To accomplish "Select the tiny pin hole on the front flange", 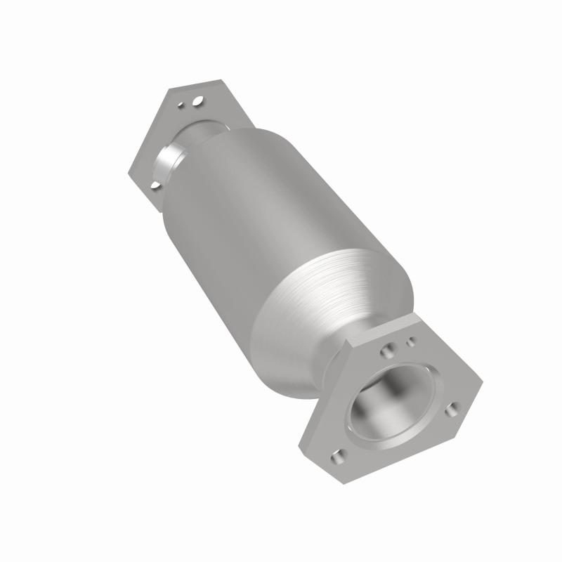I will point(412,341).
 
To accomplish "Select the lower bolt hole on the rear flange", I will point(154,185).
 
